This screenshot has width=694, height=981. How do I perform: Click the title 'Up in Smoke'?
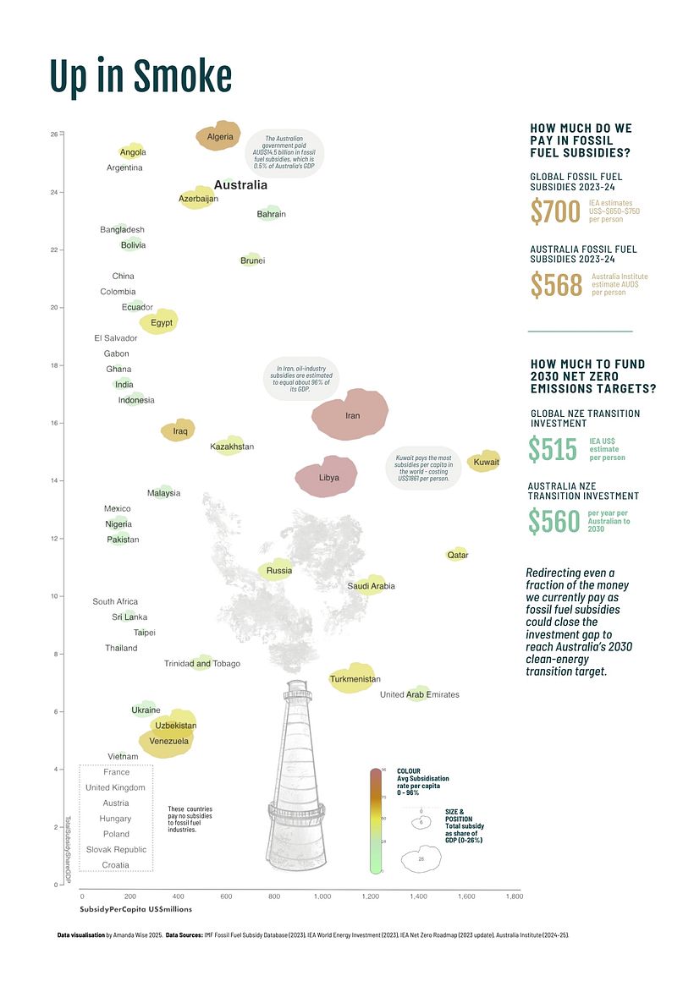pos(140,77)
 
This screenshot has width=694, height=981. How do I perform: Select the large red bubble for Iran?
pos(350,413)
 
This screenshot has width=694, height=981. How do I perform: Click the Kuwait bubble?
pos(485,461)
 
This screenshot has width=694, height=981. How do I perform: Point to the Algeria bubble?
pos(220,136)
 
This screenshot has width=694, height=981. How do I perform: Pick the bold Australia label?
pos(240,184)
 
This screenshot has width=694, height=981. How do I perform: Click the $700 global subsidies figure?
pos(555,211)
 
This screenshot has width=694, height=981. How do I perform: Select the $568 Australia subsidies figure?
pos(556,285)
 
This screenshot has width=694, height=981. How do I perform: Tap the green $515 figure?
pos(553,449)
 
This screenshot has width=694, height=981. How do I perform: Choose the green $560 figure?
pos(554,522)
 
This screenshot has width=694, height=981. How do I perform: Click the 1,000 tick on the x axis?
pos(322,896)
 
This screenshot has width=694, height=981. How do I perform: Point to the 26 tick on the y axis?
pos(54,134)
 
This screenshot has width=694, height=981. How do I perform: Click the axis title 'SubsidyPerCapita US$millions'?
pos(136,909)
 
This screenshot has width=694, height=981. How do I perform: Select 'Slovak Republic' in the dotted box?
pos(116,849)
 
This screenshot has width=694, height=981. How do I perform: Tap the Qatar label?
pos(458,555)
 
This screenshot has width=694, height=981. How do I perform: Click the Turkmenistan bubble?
pos(355,678)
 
